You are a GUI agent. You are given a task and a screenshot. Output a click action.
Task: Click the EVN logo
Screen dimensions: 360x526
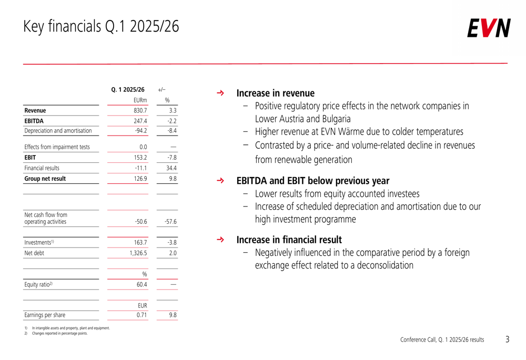[x=489, y=28]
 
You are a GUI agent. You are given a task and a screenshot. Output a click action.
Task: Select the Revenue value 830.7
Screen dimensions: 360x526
[x=140, y=110]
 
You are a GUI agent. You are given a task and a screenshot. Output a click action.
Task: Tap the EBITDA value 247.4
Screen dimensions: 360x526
[x=140, y=121]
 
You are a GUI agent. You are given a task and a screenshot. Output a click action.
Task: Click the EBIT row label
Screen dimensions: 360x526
[x=31, y=157]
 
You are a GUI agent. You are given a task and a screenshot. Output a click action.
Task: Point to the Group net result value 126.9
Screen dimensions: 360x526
[x=140, y=179]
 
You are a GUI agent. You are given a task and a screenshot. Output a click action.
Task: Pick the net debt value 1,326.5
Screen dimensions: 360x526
[x=138, y=253]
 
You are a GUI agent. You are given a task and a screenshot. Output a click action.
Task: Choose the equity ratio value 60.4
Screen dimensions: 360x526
[x=141, y=285]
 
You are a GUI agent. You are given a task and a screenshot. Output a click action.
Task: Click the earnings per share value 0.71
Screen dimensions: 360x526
[x=141, y=315]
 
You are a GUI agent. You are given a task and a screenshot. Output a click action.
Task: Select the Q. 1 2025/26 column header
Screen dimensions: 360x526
[x=128, y=89]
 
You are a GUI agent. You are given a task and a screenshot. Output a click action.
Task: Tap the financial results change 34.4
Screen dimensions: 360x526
[x=171, y=168]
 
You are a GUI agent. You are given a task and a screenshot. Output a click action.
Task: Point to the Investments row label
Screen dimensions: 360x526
[x=39, y=242]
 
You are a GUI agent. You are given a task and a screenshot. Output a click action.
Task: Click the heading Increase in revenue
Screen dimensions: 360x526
[x=275, y=94]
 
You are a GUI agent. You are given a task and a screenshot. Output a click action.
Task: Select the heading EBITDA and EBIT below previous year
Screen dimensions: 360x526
[x=312, y=181]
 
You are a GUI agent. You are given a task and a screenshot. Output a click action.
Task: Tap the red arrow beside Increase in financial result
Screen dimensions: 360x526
[x=220, y=240]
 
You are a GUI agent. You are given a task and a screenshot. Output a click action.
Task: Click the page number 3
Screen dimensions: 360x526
[x=507, y=340]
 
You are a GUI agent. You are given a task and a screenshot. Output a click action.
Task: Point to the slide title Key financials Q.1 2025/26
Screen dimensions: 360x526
[x=101, y=26]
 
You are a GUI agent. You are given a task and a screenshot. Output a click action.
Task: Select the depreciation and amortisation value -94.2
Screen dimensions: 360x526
[x=140, y=131]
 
